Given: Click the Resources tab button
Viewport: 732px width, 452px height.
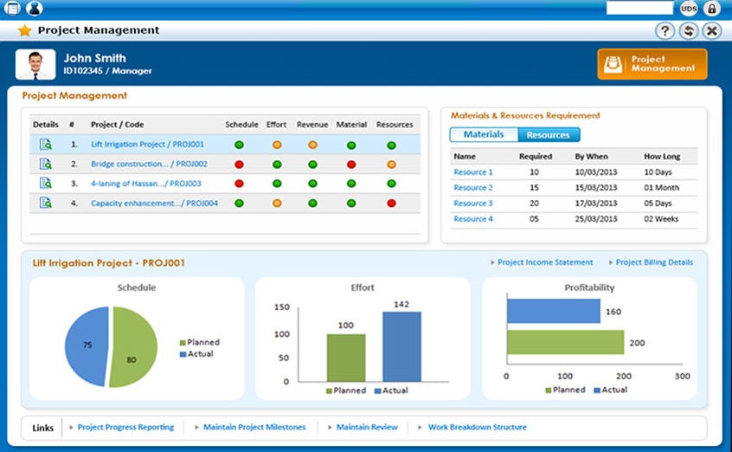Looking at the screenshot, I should click(549, 135).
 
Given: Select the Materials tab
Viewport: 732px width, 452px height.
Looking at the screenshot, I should click(484, 135).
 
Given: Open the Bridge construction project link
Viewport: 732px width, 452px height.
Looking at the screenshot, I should click(149, 164).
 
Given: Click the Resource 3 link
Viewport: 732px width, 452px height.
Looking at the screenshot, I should click(473, 203).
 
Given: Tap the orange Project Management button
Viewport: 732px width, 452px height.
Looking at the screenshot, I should click(652, 64).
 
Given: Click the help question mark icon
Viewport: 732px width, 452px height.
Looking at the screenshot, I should click(665, 31).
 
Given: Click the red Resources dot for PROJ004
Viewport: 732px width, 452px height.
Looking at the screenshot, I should click(391, 203).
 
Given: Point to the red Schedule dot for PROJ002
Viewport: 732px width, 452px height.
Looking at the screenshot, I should click(240, 164).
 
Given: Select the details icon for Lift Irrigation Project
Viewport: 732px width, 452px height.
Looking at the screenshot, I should click(46, 145).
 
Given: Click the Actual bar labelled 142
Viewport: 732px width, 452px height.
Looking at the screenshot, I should click(401, 346).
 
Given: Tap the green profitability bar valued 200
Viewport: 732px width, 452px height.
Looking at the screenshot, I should click(565, 342).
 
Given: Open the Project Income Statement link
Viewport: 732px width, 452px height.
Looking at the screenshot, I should click(545, 262).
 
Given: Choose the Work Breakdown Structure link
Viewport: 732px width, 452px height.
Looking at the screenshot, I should click(477, 427).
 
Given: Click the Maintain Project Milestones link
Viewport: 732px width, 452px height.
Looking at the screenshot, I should click(254, 427).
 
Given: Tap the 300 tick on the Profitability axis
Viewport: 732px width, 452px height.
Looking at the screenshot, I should click(682, 377).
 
